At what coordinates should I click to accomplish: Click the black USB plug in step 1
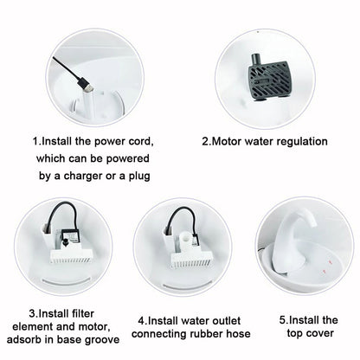pyautogui.click(x=86, y=85)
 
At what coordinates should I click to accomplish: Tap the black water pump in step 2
pyautogui.click(x=268, y=80)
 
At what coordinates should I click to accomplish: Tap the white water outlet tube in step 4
pyautogui.click(x=184, y=241)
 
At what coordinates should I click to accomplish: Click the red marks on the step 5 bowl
pyautogui.click(x=327, y=267)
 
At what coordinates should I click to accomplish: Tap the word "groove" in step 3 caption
pyautogui.click(x=102, y=340)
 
